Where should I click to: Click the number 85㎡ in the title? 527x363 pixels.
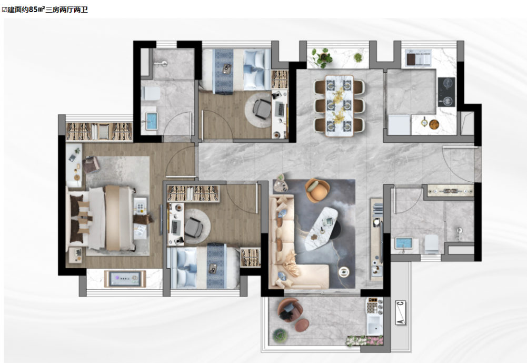coord(37,9)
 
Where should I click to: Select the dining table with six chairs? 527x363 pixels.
coord(339,105)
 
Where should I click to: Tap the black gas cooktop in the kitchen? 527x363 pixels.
coord(446,92)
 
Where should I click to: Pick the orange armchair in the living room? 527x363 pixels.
coord(317,190)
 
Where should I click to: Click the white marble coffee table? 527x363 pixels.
coord(322,228)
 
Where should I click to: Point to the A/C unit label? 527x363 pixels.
coord(400,312)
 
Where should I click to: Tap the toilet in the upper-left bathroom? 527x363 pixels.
coord(151,93)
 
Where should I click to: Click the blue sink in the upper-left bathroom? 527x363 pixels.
coord(152,121)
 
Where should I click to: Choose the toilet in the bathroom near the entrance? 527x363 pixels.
coord(432,244)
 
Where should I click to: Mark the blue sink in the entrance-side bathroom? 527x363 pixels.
coord(404,243)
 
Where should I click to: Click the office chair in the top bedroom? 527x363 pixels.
coord(262,109)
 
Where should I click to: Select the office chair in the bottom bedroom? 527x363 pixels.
coord(193,228)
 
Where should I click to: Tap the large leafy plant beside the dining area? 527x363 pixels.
coord(322,57)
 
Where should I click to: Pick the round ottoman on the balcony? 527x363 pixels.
coord(302,325)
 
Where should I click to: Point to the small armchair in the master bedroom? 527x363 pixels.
coord(91,164)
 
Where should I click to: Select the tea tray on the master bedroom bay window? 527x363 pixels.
coord(125,279)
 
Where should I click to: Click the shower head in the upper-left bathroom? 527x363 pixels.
coord(161,64)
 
